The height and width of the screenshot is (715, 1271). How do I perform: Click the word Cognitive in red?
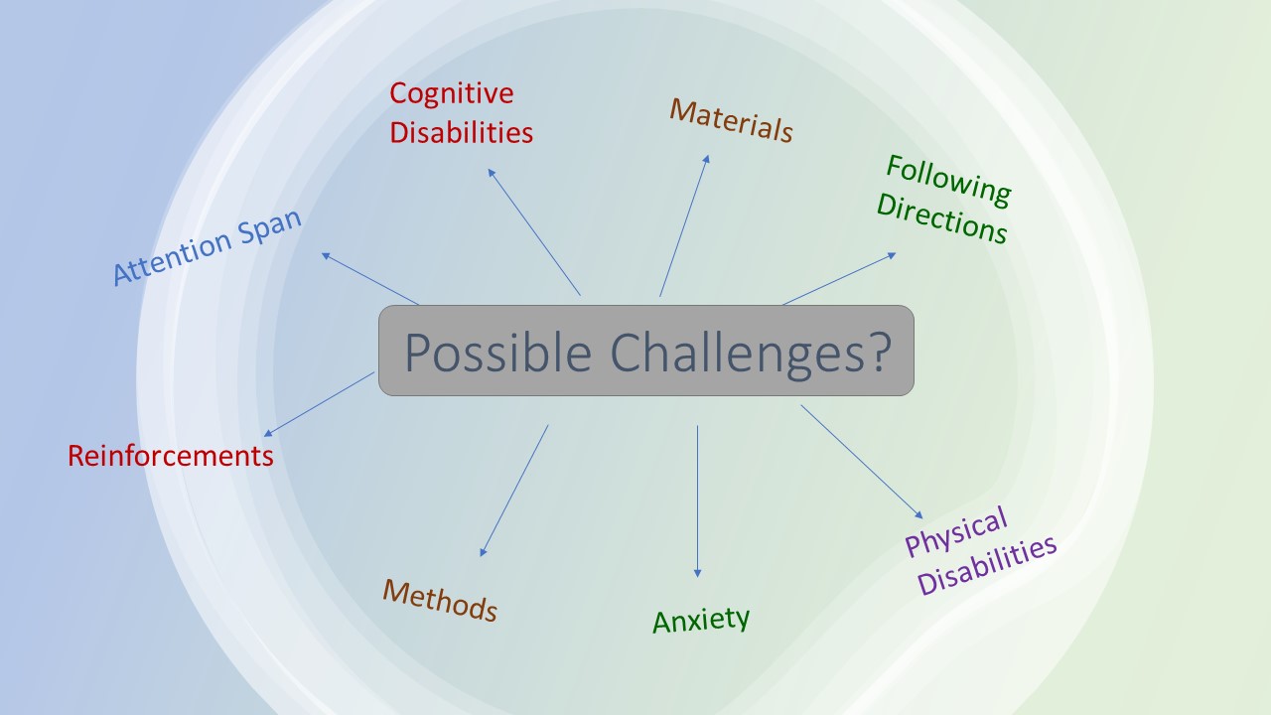(452, 94)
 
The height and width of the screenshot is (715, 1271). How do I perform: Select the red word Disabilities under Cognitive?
(462, 132)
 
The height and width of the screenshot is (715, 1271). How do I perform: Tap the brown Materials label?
(732, 120)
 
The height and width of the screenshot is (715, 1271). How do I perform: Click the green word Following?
(948, 181)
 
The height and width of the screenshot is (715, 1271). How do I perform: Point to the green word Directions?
(942, 219)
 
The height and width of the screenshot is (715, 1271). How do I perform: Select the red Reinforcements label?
(171, 456)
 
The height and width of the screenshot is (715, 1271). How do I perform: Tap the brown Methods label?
(440, 601)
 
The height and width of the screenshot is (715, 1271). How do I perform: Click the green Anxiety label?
(701, 620)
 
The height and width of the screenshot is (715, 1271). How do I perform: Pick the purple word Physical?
(956, 531)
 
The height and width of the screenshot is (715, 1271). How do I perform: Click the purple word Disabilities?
(987, 565)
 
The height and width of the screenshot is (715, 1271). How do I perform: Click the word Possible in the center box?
(498, 353)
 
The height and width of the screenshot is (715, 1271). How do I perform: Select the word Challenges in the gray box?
(737, 353)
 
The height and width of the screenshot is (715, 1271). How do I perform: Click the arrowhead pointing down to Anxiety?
(697, 573)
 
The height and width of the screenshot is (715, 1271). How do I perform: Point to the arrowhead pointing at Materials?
(707, 160)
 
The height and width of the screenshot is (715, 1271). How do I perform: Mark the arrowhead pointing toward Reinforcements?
(268, 434)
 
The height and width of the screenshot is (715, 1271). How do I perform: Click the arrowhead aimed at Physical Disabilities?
(918, 514)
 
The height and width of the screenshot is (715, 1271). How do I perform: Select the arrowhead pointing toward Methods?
(483, 552)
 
